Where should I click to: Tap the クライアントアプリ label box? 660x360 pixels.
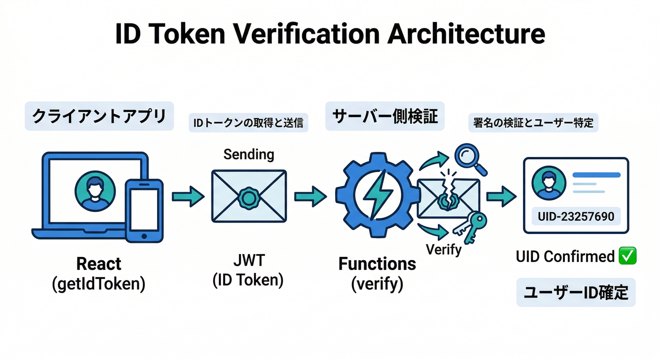point(99,116)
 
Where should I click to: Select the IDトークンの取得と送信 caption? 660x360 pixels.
point(248,123)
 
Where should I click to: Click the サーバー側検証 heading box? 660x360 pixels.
point(385,116)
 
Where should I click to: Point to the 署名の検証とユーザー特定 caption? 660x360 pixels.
point(533,123)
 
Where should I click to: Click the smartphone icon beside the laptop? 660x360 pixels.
point(144,210)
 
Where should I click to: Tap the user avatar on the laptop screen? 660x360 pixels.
point(95,191)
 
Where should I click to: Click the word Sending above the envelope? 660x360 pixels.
point(248,154)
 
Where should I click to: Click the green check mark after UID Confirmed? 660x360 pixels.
point(627,256)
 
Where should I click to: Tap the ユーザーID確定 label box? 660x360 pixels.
point(576,293)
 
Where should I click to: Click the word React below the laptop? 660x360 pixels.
point(99,264)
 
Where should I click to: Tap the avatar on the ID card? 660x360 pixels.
point(546,184)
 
